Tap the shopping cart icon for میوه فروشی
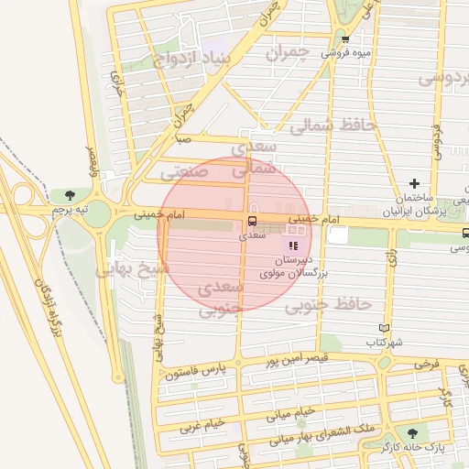[x=345, y=39]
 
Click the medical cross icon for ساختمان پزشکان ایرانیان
[x=414, y=184]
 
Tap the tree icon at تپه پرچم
[x=70, y=195]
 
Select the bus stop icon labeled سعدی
[x=251, y=222]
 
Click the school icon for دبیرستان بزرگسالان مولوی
[x=293, y=245]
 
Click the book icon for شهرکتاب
[x=384, y=328]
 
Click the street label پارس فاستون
[x=195, y=374]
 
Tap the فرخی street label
[x=427, y=363]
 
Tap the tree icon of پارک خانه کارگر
[x=409, y=432]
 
